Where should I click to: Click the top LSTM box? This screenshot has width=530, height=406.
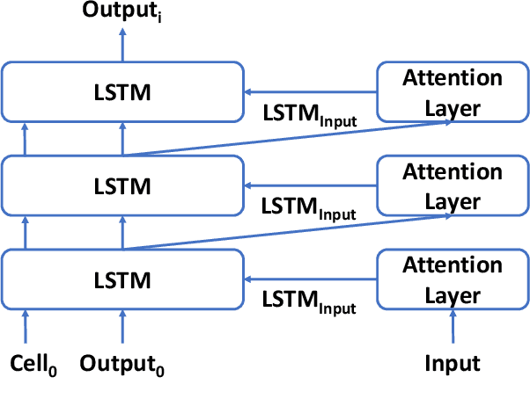pyautogui.click(x=122, y=91)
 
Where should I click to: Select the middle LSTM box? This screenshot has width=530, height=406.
pyautogui.click(x=122, y=185)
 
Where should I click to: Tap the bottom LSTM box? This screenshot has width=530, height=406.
pyautogui.click(x=122, y=279)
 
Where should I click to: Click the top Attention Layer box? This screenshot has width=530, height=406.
pyautogui.click(x=453, y=91)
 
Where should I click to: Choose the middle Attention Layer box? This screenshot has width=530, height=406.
pyautogui.click(x=453, y=185)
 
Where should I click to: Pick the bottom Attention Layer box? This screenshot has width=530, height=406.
pyautogui.click(x=453, y=279)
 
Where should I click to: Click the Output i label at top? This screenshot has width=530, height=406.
pyautogui.click(x=121, y=11)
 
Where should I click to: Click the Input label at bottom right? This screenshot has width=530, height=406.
pyautogui.click(x=453, y=363)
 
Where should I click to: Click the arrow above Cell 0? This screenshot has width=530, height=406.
pyautogui.click(x=26, y=326)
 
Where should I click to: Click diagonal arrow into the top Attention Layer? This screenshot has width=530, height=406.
pyautogui.click(x=291, y=139)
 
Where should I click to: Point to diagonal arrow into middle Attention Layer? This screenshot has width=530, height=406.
pyautogui.click(x=291, y=233)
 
